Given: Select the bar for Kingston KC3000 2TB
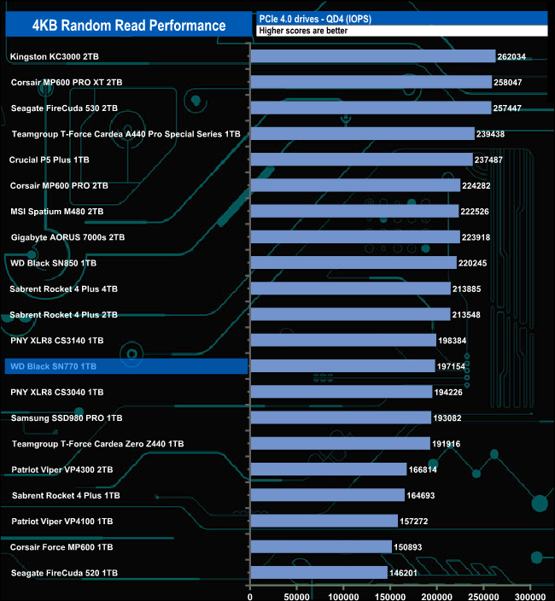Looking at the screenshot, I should click(x=372, y=56).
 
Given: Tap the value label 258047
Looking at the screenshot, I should click(x=514, y=83).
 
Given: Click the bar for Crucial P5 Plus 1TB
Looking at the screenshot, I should click(x=361, y=160).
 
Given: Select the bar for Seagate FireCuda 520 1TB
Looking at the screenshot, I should click(x=318, y=572).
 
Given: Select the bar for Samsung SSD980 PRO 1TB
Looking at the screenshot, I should click(x=341, y=417).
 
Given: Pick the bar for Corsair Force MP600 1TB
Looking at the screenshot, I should click(x=320, y=546).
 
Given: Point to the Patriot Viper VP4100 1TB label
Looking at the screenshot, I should click(x=57, y=521).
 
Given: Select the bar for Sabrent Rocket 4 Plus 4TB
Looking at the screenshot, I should click(x=350, y=289).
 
